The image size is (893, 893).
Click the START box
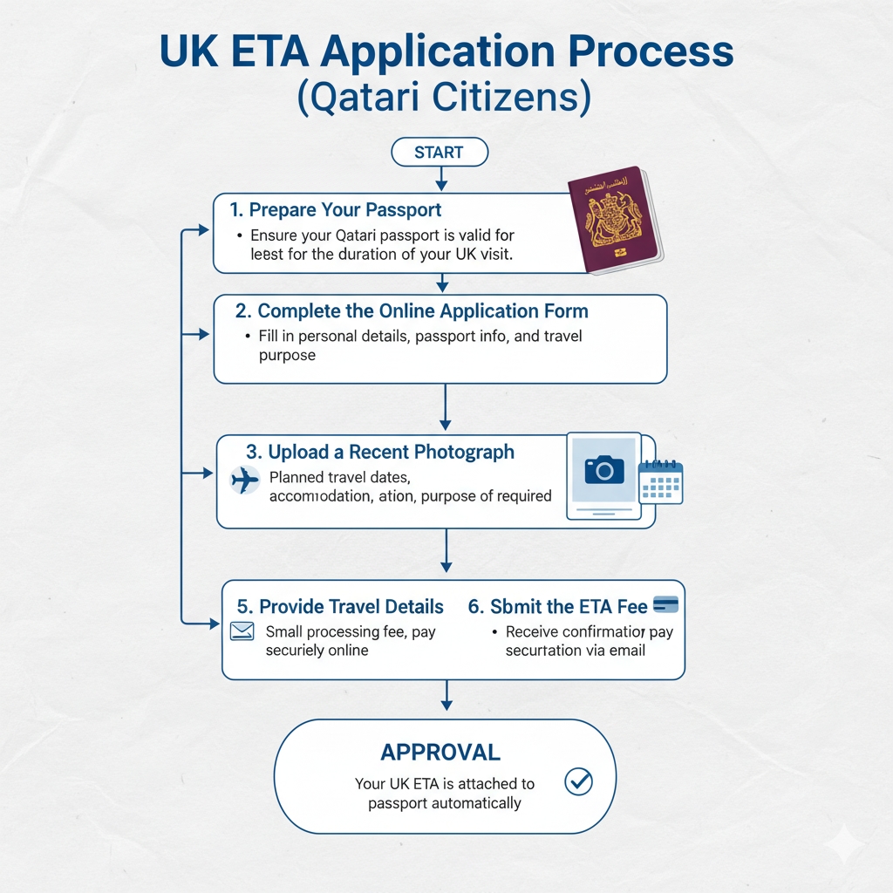click(440, 152)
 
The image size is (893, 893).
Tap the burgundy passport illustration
click(613, 219)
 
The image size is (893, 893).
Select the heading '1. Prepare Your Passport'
click(336, 210)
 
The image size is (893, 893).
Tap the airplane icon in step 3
click(246, 480)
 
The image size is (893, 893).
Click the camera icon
click(603, 470)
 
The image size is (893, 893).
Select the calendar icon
click(660, 481)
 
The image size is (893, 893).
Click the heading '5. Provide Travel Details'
click(340, 607)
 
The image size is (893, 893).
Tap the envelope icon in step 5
click(242, 631)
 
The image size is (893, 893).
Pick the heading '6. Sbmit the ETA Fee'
click(558, 607)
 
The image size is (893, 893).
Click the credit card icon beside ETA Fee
click(665, 604)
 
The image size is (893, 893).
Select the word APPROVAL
click(440, 752)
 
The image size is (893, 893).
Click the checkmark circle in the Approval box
click(578, 781)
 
